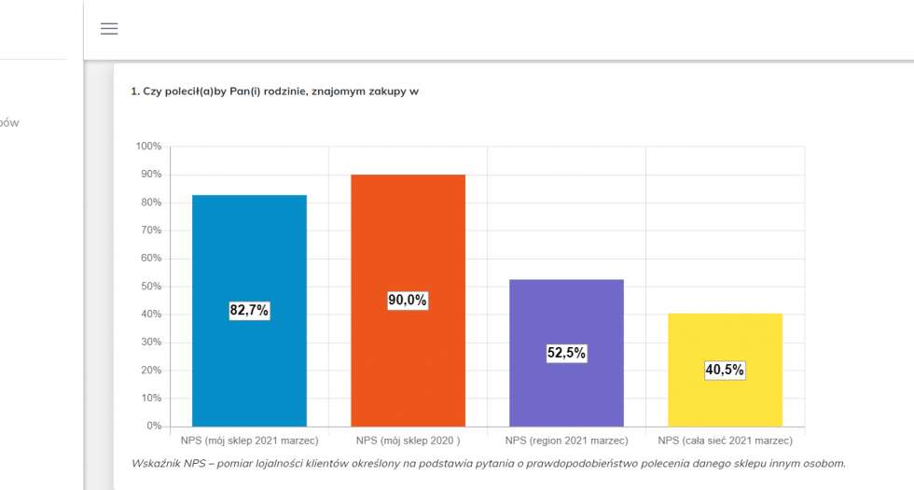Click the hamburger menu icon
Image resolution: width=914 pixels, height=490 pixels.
[109, 29]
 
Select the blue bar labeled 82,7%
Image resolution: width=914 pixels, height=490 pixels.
[249, 252]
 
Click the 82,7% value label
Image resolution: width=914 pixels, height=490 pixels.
[249, 311]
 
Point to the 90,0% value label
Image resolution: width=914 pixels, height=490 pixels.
[408, 300]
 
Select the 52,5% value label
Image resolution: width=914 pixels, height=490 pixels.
[566, 353]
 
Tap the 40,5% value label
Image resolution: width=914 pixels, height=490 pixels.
[725, 370]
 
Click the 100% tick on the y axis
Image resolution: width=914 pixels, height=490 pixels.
[148, 147]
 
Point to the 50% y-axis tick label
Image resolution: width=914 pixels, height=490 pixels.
[151, 287]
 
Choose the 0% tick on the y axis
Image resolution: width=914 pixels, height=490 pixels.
[154, 427]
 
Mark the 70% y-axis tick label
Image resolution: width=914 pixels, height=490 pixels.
[151, 231]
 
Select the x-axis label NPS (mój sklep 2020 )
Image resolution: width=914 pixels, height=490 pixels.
[408, 441]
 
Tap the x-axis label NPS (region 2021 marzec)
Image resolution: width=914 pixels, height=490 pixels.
[566, 441]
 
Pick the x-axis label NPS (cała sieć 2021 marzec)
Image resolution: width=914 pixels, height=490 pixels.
[725, 441]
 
